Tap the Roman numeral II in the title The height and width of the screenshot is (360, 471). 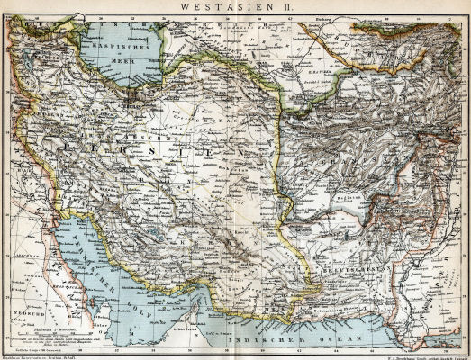click(286, 6)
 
